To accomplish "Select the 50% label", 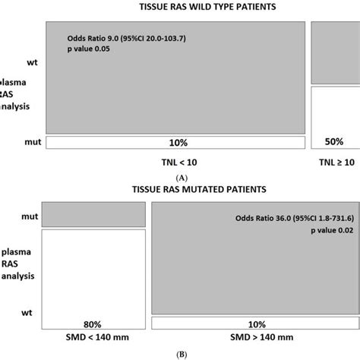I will tap(334, 142).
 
